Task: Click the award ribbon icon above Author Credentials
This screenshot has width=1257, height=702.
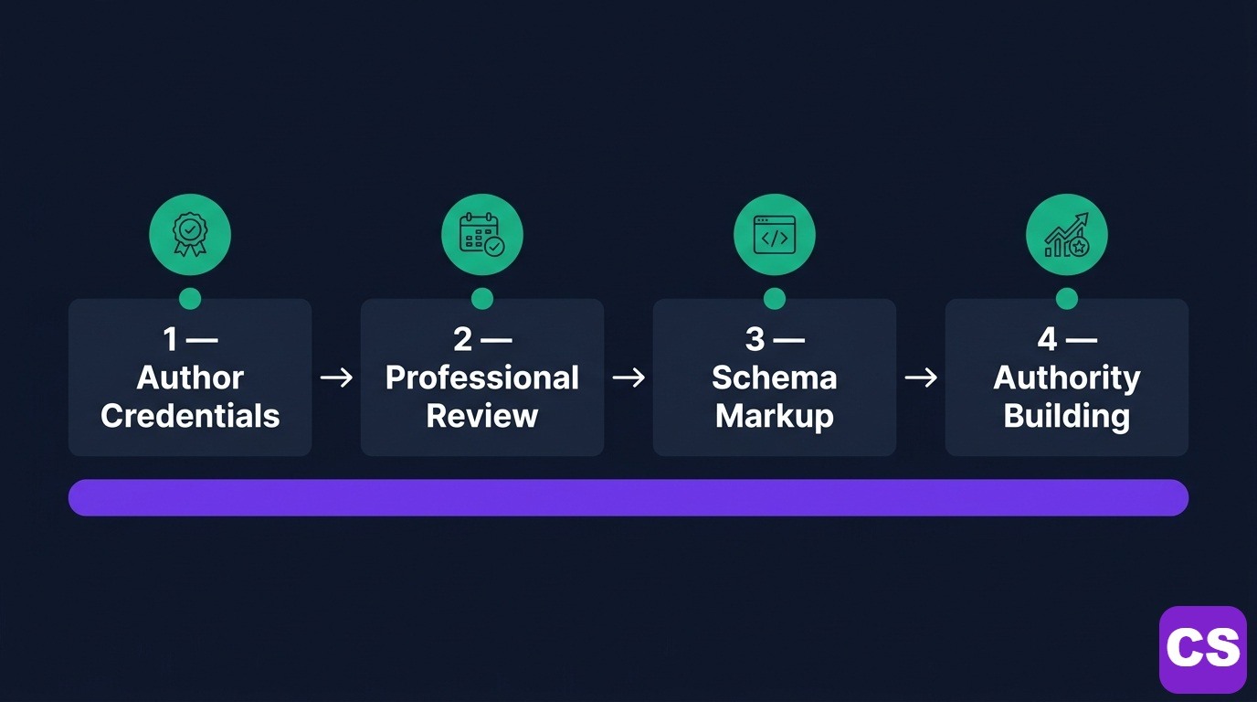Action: (190, 235)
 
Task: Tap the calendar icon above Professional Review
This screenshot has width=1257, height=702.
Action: (481, 235)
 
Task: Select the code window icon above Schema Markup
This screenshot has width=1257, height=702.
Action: (774, 235)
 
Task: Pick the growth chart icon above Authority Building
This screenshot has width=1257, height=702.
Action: (1066, 235)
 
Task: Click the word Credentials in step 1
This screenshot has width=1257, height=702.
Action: (190, 416)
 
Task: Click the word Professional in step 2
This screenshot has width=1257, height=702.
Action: (481, 378)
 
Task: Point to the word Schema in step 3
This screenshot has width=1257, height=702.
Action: (774, 378)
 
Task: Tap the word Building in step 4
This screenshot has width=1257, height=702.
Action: (1066, 416)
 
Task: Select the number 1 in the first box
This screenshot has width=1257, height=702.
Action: (170, 340)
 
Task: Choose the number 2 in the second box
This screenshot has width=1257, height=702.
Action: (463, 340)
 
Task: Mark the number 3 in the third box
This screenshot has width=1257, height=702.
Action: (755, 340)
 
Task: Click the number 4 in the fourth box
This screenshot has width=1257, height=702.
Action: (1047, 340)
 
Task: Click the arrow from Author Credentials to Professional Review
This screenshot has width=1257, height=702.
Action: (336, 378)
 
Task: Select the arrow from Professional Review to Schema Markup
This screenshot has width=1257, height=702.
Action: (628, 378)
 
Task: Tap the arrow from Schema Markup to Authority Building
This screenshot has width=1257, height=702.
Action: (921, 378)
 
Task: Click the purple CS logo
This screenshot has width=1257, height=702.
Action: (1202, 649)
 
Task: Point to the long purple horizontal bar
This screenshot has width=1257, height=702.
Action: (628, 497)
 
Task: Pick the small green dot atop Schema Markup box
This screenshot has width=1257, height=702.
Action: (774, 299)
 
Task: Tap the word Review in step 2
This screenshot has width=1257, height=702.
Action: (481, 416)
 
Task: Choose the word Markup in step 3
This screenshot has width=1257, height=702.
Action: (774, 416)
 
